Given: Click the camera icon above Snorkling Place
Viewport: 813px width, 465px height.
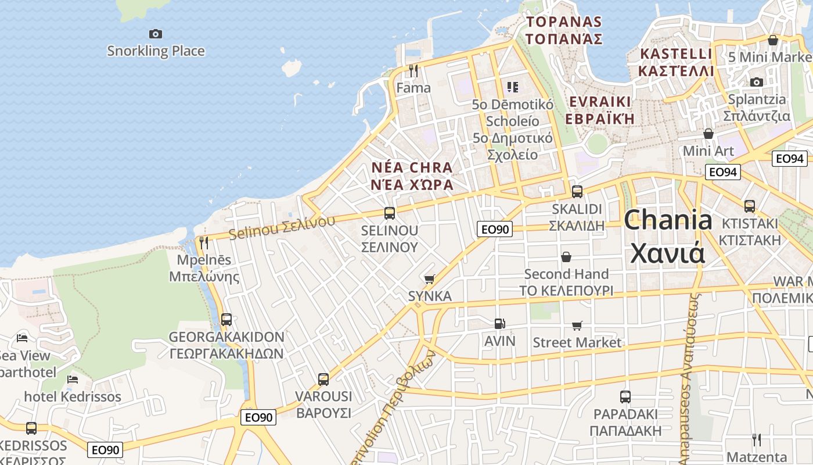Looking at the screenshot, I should [155, 34].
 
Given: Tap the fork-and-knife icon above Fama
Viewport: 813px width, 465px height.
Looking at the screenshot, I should [413, 71].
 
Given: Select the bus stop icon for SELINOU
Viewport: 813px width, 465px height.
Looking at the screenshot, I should [390, 213].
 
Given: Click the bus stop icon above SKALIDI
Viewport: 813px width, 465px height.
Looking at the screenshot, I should [577, 191].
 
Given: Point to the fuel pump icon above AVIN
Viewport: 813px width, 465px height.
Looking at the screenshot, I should [499, 324].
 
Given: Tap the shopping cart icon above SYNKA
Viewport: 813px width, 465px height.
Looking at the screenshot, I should [430, 280].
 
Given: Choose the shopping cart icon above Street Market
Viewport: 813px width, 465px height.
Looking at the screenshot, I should [577, 325].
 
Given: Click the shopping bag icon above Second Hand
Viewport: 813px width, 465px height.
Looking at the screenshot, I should [566, 257].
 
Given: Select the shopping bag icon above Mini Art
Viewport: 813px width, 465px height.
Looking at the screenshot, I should [708, 134].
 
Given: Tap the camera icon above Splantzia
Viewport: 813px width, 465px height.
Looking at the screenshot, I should [756, 82].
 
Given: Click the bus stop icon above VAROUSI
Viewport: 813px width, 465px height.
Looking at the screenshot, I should [323, 380].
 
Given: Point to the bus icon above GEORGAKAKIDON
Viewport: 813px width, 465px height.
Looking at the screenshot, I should [226, 320].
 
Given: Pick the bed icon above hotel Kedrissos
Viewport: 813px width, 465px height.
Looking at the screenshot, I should [73, 380].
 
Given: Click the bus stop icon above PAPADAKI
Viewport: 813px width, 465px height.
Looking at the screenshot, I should [625, 397].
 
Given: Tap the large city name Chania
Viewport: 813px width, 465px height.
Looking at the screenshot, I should [668, 221].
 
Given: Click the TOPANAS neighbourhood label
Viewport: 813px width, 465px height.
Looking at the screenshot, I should [564, 22].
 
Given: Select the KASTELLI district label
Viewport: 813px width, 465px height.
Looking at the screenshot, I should [675, 54].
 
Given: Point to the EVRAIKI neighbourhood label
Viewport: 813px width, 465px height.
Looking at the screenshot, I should [600, 102].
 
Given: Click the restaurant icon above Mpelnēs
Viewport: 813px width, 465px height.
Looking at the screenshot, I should [204, 243].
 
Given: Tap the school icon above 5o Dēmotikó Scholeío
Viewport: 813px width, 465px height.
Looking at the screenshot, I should [512, 87].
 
